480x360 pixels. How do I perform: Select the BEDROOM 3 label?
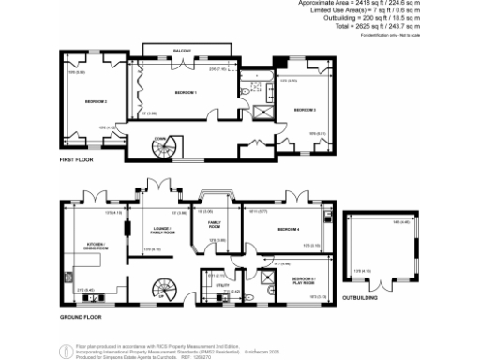tap(305, 110)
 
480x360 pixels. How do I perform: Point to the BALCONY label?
tap(182, 49)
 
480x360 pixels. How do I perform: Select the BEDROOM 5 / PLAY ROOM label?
tap(303, 280)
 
